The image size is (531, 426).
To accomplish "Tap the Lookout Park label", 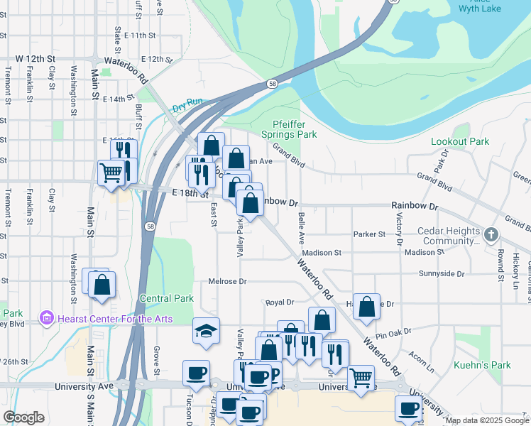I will click(x=460, y=142).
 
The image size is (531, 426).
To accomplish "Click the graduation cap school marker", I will click(x=206, y=331).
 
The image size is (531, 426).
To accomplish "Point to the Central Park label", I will click(x=167, y=299).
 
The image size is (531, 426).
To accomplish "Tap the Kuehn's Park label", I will click(x=482, y=366).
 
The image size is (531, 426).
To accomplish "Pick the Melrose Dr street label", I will click(x=227, y=282).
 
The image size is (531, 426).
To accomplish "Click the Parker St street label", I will click(x=369, y=234).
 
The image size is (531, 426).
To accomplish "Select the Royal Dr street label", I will click(x=280, y=302).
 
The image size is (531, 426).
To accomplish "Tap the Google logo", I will click(x=23, y=417).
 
